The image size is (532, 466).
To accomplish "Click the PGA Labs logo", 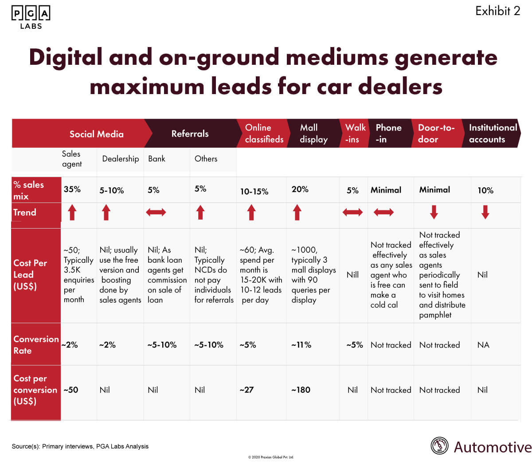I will tap(31, 17).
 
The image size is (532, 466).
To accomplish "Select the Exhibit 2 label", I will tap(497, 11).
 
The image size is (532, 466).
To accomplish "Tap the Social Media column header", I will tap(96, 134).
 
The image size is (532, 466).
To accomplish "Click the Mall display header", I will tap(313, 134).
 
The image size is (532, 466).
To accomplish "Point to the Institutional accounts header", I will tap(493, 134).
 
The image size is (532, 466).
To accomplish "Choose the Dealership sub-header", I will tap(120, 159).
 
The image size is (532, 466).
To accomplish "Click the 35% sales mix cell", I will tap(72, 190).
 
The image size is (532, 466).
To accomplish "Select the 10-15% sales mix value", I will tap(254, 191).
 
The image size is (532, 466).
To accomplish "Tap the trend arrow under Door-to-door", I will tap(434, 212).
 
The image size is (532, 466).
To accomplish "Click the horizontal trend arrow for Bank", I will tap(156, 213).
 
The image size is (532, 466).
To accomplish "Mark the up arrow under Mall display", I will tap(297, 213).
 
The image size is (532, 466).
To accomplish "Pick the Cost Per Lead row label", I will tap(30, 274).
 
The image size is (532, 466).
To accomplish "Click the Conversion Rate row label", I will tap(36, 344).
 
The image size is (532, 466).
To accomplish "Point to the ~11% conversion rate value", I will tap(301, 345).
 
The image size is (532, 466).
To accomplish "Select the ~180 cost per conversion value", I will tap(301, 390).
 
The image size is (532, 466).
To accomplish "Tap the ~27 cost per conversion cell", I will tap(246, 390).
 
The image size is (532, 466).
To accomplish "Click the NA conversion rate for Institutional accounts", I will tap(483, 345).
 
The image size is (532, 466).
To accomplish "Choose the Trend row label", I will tap(25, 212).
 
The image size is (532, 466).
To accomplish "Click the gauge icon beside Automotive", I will tap(440, 446).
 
